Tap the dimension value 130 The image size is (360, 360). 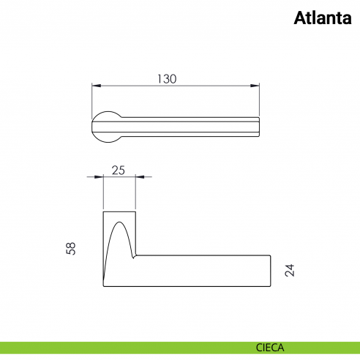click(168, 79)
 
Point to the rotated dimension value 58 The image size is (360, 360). click(71, 249)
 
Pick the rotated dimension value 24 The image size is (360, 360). click(290, 270)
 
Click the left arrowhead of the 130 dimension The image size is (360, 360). click(95, 86)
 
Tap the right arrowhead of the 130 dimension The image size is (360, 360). click(257, 86)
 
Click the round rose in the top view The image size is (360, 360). click(108, 124)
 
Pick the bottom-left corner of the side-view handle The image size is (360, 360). click(104, 285)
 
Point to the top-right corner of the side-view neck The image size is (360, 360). click(135, 211)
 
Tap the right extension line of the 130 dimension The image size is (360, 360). click(260, 99)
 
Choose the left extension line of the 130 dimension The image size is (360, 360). click(91, 99)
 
